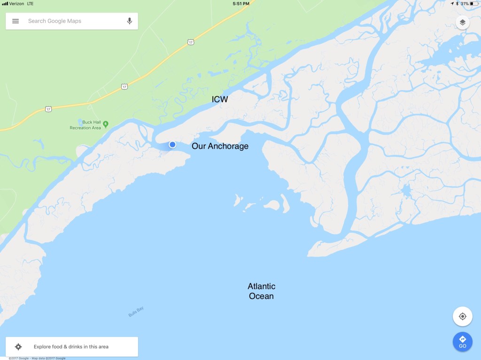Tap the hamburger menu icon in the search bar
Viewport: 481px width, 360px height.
(16, 21)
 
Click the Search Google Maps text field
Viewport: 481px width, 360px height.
(70, 21)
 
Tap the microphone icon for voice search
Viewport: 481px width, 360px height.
(130, 21)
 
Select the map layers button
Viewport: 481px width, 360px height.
(462, 23)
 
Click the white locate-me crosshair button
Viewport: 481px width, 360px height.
(462, 316)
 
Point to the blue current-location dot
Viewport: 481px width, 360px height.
(172, 145)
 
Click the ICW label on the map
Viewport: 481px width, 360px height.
(219, 100)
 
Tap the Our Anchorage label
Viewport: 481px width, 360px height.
(220, 146)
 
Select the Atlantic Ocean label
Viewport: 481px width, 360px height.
(261, 291)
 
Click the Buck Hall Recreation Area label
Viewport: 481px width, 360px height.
(85, 125)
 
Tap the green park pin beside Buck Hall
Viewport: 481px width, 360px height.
(106, 124)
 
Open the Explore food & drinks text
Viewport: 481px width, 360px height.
(71, 347)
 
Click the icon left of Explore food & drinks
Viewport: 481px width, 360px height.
(18, 347)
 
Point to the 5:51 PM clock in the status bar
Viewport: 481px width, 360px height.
(240, 3)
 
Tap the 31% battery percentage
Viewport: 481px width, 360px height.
(465, 3)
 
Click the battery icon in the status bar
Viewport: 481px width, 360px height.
(474, 3)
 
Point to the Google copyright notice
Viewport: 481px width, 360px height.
(37, 358)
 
